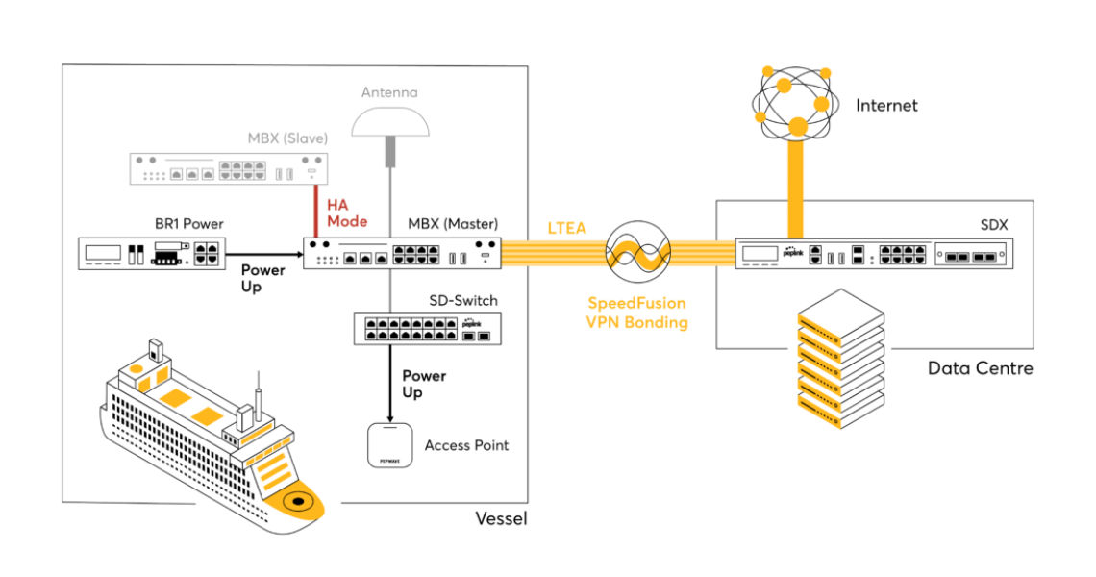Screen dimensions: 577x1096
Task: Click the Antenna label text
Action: (389, 92)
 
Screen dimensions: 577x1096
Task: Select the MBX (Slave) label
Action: (287, 138)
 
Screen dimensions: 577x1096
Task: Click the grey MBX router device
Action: (229, 169)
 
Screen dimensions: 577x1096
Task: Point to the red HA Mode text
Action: (346, 213)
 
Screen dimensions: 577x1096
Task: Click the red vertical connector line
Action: (315, 211)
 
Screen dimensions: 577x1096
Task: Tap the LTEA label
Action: (567, 228)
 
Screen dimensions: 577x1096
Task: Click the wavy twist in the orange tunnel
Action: (637, 254)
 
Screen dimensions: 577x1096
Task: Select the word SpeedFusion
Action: (636, 303)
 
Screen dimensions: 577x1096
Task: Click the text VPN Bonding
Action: (636, 323)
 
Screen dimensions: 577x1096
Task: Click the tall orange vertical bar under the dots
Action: (795, 188)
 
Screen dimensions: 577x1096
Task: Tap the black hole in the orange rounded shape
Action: (298, 501)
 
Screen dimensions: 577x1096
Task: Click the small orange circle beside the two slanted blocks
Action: (136, 368)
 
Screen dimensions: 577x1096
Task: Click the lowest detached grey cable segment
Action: (389, 290)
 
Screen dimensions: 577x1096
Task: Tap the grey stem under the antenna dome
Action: (390, 153)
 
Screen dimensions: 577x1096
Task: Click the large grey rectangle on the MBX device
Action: (242, 170)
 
